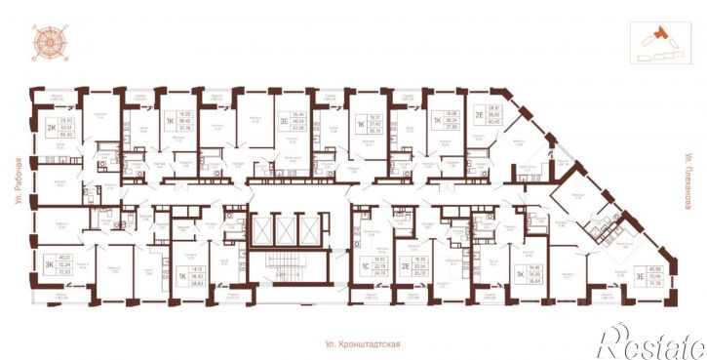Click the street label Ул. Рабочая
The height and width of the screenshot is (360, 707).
pos(18,180)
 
